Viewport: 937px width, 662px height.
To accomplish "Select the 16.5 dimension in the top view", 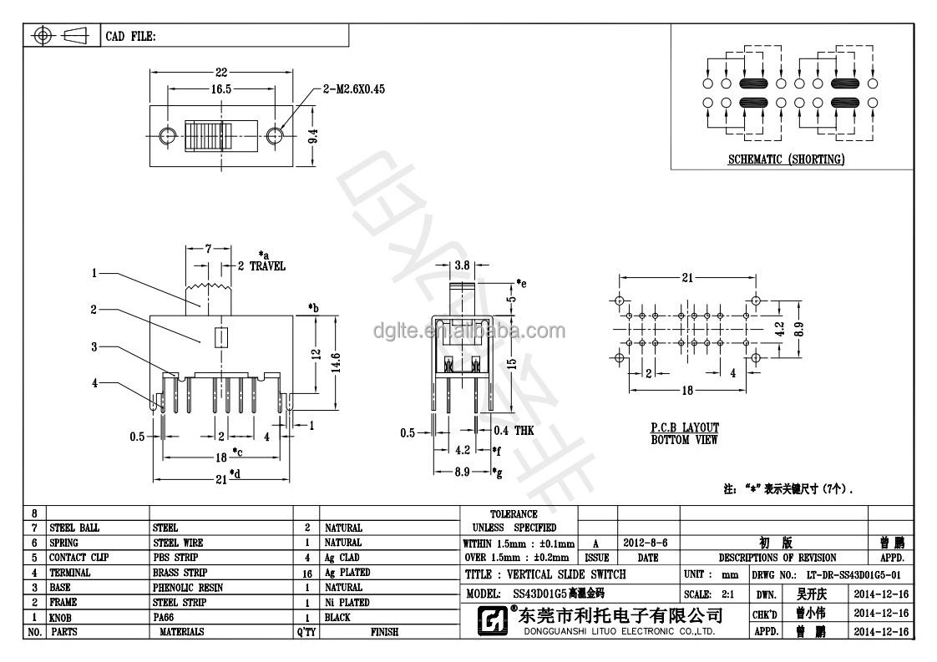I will tap(221, 89).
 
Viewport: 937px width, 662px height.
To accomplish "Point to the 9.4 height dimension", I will tap(312, 134).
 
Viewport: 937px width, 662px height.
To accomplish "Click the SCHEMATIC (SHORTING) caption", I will tap(786, 159).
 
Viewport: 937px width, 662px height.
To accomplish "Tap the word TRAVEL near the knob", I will tap(267, 266).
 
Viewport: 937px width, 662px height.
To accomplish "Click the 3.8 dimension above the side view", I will tap(460, 265).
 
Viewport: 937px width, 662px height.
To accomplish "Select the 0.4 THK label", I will tap(513, 430).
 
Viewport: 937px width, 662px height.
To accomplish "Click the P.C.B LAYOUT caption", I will tap(685, 428).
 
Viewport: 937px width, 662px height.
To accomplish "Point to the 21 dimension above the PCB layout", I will tap(686, 278).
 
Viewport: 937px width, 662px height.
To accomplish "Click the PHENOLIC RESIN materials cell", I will tap(188, 588).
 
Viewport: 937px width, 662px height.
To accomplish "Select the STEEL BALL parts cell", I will tap(74, 528).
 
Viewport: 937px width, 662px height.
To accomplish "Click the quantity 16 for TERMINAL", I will tap(307, 574).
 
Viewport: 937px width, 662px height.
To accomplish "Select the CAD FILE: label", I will tap(129, 37).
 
